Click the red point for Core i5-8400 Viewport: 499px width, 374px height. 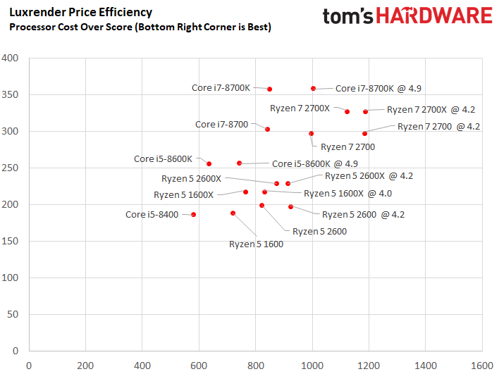click(x=194, y=214)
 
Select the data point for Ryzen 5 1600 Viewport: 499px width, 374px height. click(x=233, y=213)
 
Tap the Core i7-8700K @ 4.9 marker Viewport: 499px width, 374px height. click(x=314, y=88)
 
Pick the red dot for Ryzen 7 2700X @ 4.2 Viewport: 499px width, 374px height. click(x=365, y=111)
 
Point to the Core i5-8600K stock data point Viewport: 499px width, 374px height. click(x=209, y=163)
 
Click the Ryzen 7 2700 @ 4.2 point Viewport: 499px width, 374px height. click(x=364, y=133)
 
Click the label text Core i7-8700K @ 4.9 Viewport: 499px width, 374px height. click(x=378, y=89)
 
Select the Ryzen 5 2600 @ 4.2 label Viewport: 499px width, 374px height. click(x=363, y=214)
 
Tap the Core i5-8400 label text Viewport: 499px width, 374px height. click(x=152, y=214)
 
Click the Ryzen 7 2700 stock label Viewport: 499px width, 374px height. click(x=347, y=147)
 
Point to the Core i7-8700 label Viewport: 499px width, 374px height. click(x=222, y=124)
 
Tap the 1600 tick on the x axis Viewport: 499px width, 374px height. click(x=482, y=366)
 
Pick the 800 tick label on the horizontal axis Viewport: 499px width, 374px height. click(x=255, y=366)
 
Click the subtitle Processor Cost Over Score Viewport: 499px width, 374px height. click(x=140, y=27)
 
